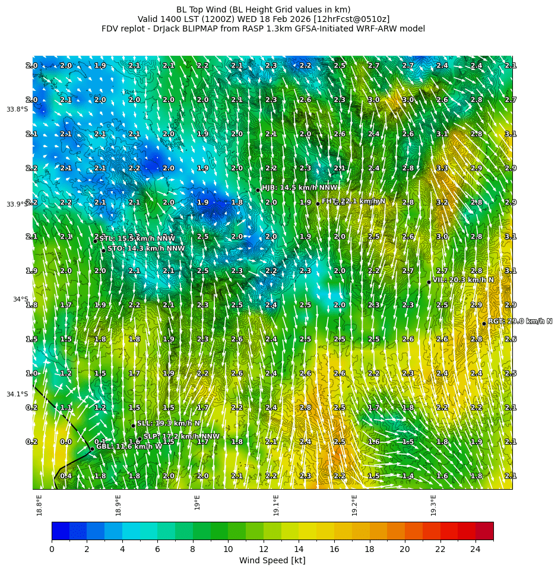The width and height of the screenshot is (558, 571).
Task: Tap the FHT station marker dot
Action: tap(318, 204)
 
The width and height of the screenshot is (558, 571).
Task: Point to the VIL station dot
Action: tap(429, 282)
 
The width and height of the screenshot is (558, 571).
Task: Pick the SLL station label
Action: tap(169, 423)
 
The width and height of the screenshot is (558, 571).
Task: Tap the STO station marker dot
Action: tap(103, 250)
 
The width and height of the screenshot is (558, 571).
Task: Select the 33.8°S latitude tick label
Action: tap(17, 109)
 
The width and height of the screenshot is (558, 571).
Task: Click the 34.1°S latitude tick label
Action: tap(17, 394)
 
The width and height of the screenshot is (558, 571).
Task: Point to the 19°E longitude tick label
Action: tap(197, 502)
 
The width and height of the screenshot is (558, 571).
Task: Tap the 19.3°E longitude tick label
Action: tap(433, 505)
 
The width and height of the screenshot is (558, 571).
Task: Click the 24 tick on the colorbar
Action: tap(475, 549)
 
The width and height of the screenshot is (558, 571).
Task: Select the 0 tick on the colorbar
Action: tap(52, 549)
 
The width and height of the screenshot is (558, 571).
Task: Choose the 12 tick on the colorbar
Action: tap(264, 549)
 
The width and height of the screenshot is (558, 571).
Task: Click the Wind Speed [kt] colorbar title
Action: tap(272, 560)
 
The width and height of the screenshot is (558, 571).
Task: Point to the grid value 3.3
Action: tap(442, 168)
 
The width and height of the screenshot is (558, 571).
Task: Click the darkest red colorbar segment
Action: tap(484, 531)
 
